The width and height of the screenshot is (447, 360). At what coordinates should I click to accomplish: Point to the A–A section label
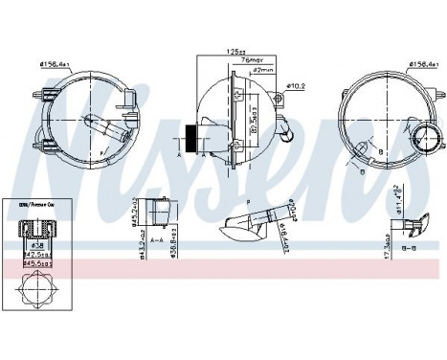pos(155,242)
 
